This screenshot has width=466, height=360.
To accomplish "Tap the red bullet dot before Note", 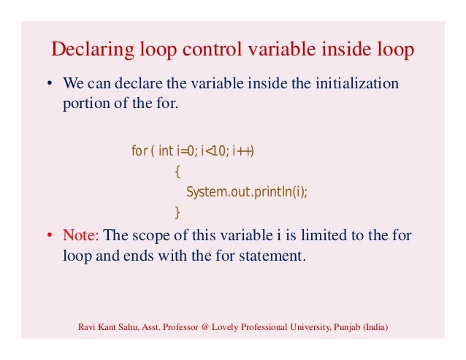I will click(x=50, y=236).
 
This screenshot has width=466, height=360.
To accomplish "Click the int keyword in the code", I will click(x=166, y=151).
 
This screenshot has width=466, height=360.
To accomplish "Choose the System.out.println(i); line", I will click(x=247, y=192).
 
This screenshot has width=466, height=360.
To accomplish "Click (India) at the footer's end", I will click(x=377, y=326).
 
